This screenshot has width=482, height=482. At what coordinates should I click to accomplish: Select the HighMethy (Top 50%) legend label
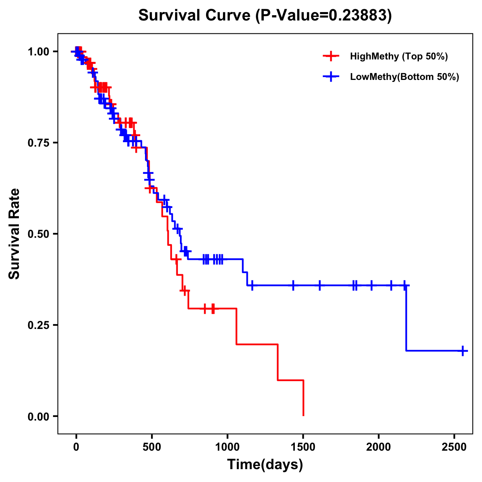(x=398, y=56)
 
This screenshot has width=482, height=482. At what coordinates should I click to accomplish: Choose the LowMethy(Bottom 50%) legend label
(x=404, y=77)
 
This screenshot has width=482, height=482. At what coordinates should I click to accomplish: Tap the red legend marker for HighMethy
(x=331, y=56)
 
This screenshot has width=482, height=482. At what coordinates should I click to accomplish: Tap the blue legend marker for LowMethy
(x=331, y=77)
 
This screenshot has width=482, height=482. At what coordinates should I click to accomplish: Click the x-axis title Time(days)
(x=265, y=465)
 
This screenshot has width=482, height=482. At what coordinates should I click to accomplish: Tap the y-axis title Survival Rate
(x=14, y=233)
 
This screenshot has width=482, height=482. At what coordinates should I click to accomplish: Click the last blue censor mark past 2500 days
(x=463, y=351)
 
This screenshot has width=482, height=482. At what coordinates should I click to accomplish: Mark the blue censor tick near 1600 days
(x=320, y=286)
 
